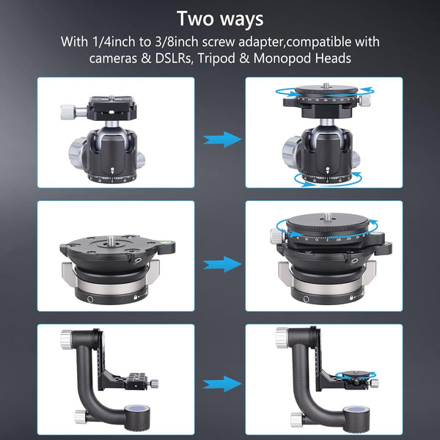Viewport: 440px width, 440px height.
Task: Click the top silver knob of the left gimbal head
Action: pos(67,339)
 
